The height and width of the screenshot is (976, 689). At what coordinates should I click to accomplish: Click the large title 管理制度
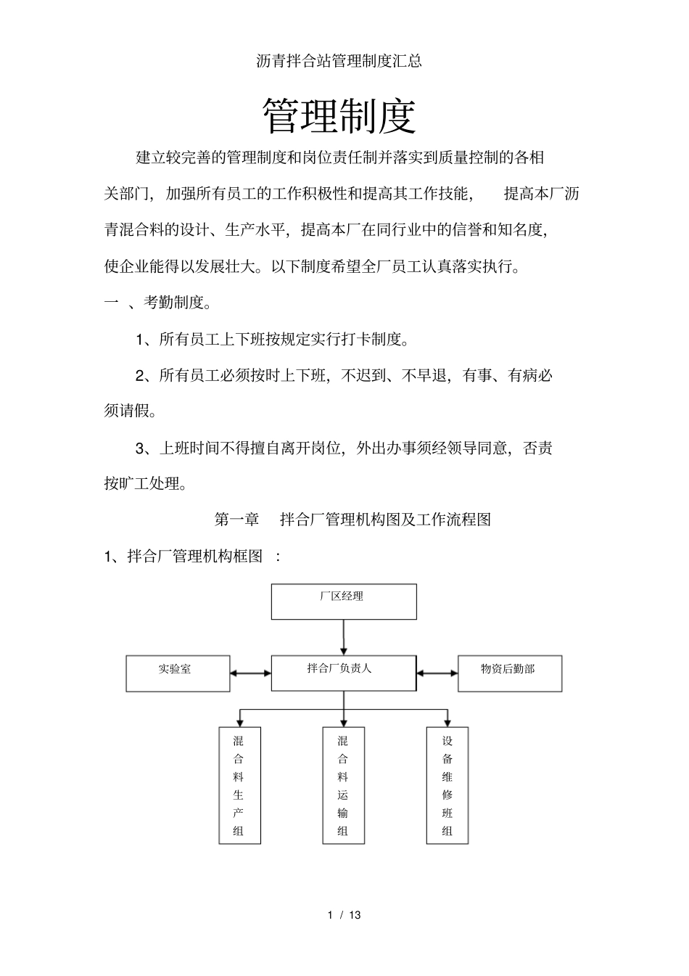339,116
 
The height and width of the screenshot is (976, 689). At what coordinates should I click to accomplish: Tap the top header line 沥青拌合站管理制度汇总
339,62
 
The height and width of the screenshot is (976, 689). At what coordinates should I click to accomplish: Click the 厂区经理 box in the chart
344,602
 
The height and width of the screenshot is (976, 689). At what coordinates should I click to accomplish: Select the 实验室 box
178,673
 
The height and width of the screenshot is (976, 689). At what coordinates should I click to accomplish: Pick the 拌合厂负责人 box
344,673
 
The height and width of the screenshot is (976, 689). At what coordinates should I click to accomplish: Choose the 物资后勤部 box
510,673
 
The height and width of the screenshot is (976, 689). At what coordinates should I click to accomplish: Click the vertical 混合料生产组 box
239,786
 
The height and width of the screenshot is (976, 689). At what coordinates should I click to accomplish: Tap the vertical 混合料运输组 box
343,786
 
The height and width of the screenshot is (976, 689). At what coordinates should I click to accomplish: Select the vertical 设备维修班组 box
447,786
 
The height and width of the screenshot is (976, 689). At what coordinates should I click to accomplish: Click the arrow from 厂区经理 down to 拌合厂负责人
344,637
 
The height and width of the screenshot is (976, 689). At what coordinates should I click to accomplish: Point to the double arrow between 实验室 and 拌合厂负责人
251,673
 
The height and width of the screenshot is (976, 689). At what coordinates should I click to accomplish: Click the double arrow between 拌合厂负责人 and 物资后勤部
437,673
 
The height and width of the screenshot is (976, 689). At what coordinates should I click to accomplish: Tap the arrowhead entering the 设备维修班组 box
447,722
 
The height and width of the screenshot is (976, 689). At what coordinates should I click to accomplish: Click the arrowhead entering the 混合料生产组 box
239,722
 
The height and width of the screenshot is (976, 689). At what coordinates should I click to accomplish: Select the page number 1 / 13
344,915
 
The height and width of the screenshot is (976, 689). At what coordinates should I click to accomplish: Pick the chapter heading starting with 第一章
352,520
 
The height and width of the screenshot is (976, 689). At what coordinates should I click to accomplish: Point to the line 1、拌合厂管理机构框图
192,557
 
